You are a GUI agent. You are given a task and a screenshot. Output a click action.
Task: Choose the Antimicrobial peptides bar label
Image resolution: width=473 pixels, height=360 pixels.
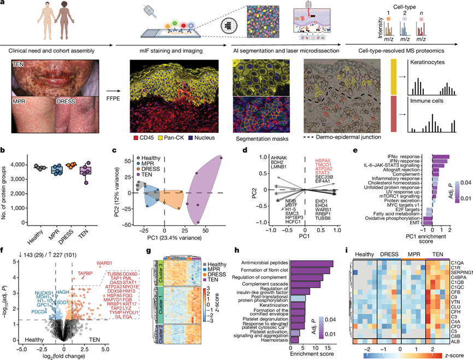pos(260,202)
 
